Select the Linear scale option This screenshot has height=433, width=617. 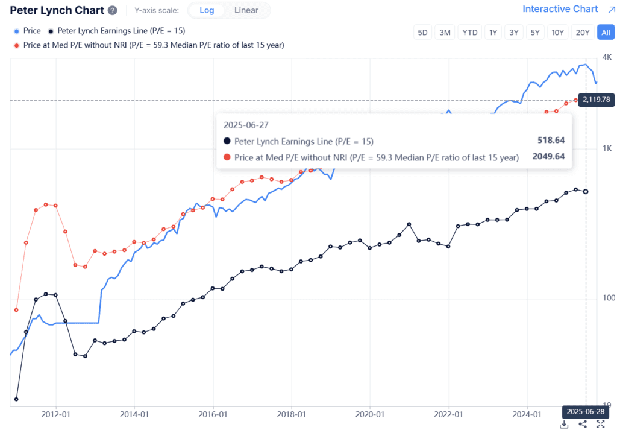coord(246,10)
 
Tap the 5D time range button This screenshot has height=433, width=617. coord(424,33)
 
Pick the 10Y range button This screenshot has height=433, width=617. coord(558,33)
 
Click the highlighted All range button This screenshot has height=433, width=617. coord(605,33)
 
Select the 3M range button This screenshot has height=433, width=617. coord(445,33)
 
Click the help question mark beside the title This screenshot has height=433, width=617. coord(113,10)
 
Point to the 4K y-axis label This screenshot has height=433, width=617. coord(607,57)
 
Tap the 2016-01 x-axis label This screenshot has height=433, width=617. coord(213,414)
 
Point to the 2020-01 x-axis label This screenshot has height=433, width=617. coord(370,414)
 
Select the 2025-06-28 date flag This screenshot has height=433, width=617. coord(584,411)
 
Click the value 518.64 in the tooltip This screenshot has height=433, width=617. coord(551,141)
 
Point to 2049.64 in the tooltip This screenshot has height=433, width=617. coord(548,157)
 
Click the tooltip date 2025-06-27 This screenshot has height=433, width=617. coord(246,125)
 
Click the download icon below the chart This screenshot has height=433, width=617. coord(565,425)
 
